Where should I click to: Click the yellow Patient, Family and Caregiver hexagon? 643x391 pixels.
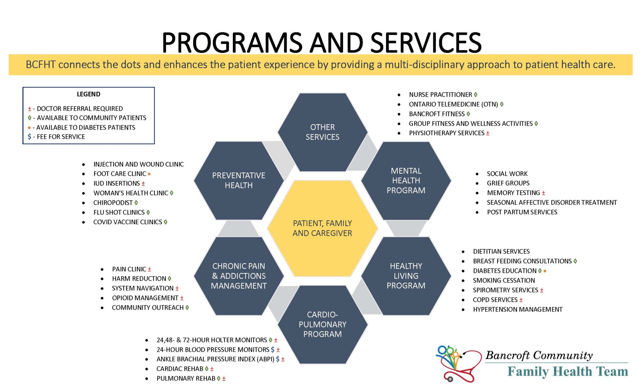322,228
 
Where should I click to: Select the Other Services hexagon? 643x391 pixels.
322,132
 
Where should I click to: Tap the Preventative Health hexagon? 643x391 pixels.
239,181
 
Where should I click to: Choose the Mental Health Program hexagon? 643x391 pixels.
406,181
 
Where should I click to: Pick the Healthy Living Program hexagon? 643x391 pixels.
406,276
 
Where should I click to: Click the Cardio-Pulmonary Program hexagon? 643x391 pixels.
322,324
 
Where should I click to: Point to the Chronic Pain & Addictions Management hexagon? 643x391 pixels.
239,276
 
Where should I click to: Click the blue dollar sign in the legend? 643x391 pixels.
30,137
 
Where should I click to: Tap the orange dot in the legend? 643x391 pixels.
29,127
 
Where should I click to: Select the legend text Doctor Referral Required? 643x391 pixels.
80,109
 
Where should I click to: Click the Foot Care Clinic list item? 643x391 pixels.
120,174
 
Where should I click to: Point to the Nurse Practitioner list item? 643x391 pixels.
440,95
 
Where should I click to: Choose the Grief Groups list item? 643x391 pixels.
508,183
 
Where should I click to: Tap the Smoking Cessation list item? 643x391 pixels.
504,280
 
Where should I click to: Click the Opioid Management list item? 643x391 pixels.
145,298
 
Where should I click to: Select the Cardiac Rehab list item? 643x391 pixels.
180,369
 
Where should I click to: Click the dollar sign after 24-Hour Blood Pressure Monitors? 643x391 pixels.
273,349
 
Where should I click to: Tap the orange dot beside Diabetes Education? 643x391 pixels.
545,271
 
